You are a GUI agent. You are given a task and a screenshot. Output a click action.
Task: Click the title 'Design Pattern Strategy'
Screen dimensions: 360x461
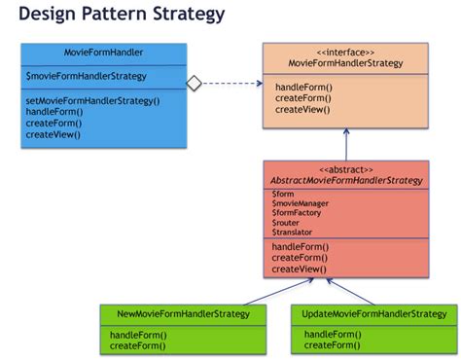click(122, 15)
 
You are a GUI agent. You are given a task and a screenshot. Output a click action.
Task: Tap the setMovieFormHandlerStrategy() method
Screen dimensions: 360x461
click(92, 100)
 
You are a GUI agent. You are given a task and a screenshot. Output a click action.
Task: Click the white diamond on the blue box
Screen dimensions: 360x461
click(194, 84)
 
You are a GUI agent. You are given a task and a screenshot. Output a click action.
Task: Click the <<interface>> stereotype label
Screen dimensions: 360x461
click(344, 53)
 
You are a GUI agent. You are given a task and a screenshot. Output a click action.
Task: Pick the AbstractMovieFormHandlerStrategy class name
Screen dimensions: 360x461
click(344, 181)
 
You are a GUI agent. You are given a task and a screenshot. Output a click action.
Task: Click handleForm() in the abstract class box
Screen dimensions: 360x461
click(301, 247)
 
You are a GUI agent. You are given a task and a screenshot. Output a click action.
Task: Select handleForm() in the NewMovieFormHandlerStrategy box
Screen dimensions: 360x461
click(138, 335)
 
